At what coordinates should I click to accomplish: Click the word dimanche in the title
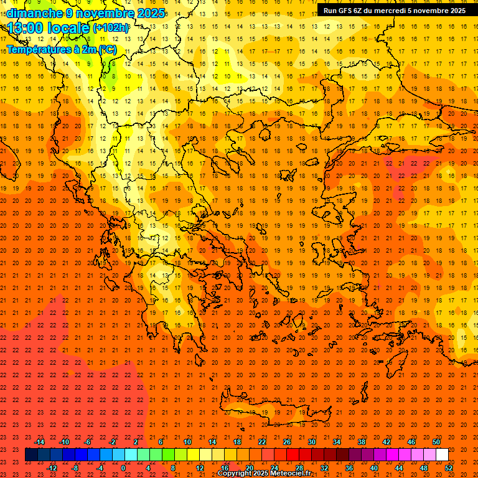[x=35, y=13]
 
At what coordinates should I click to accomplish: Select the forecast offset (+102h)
[x=111, y=28]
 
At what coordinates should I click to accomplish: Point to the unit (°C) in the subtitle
[x=107, y=49]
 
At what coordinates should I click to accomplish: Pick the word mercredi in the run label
[x=388, y=10]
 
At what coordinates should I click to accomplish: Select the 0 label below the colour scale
[x=124, y=468]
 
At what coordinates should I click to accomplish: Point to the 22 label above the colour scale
[x=262, y=442]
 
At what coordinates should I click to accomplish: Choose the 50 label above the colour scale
[x=436, y=442]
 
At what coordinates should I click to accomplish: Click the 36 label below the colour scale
[x=349, y=468]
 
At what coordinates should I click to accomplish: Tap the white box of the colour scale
[x=442, y=455]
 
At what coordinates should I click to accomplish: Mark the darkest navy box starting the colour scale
[x=31, y=455]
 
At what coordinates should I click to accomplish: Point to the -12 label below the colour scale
[x=52, y=468]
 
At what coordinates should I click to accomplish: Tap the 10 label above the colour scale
[x=187, y=442]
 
